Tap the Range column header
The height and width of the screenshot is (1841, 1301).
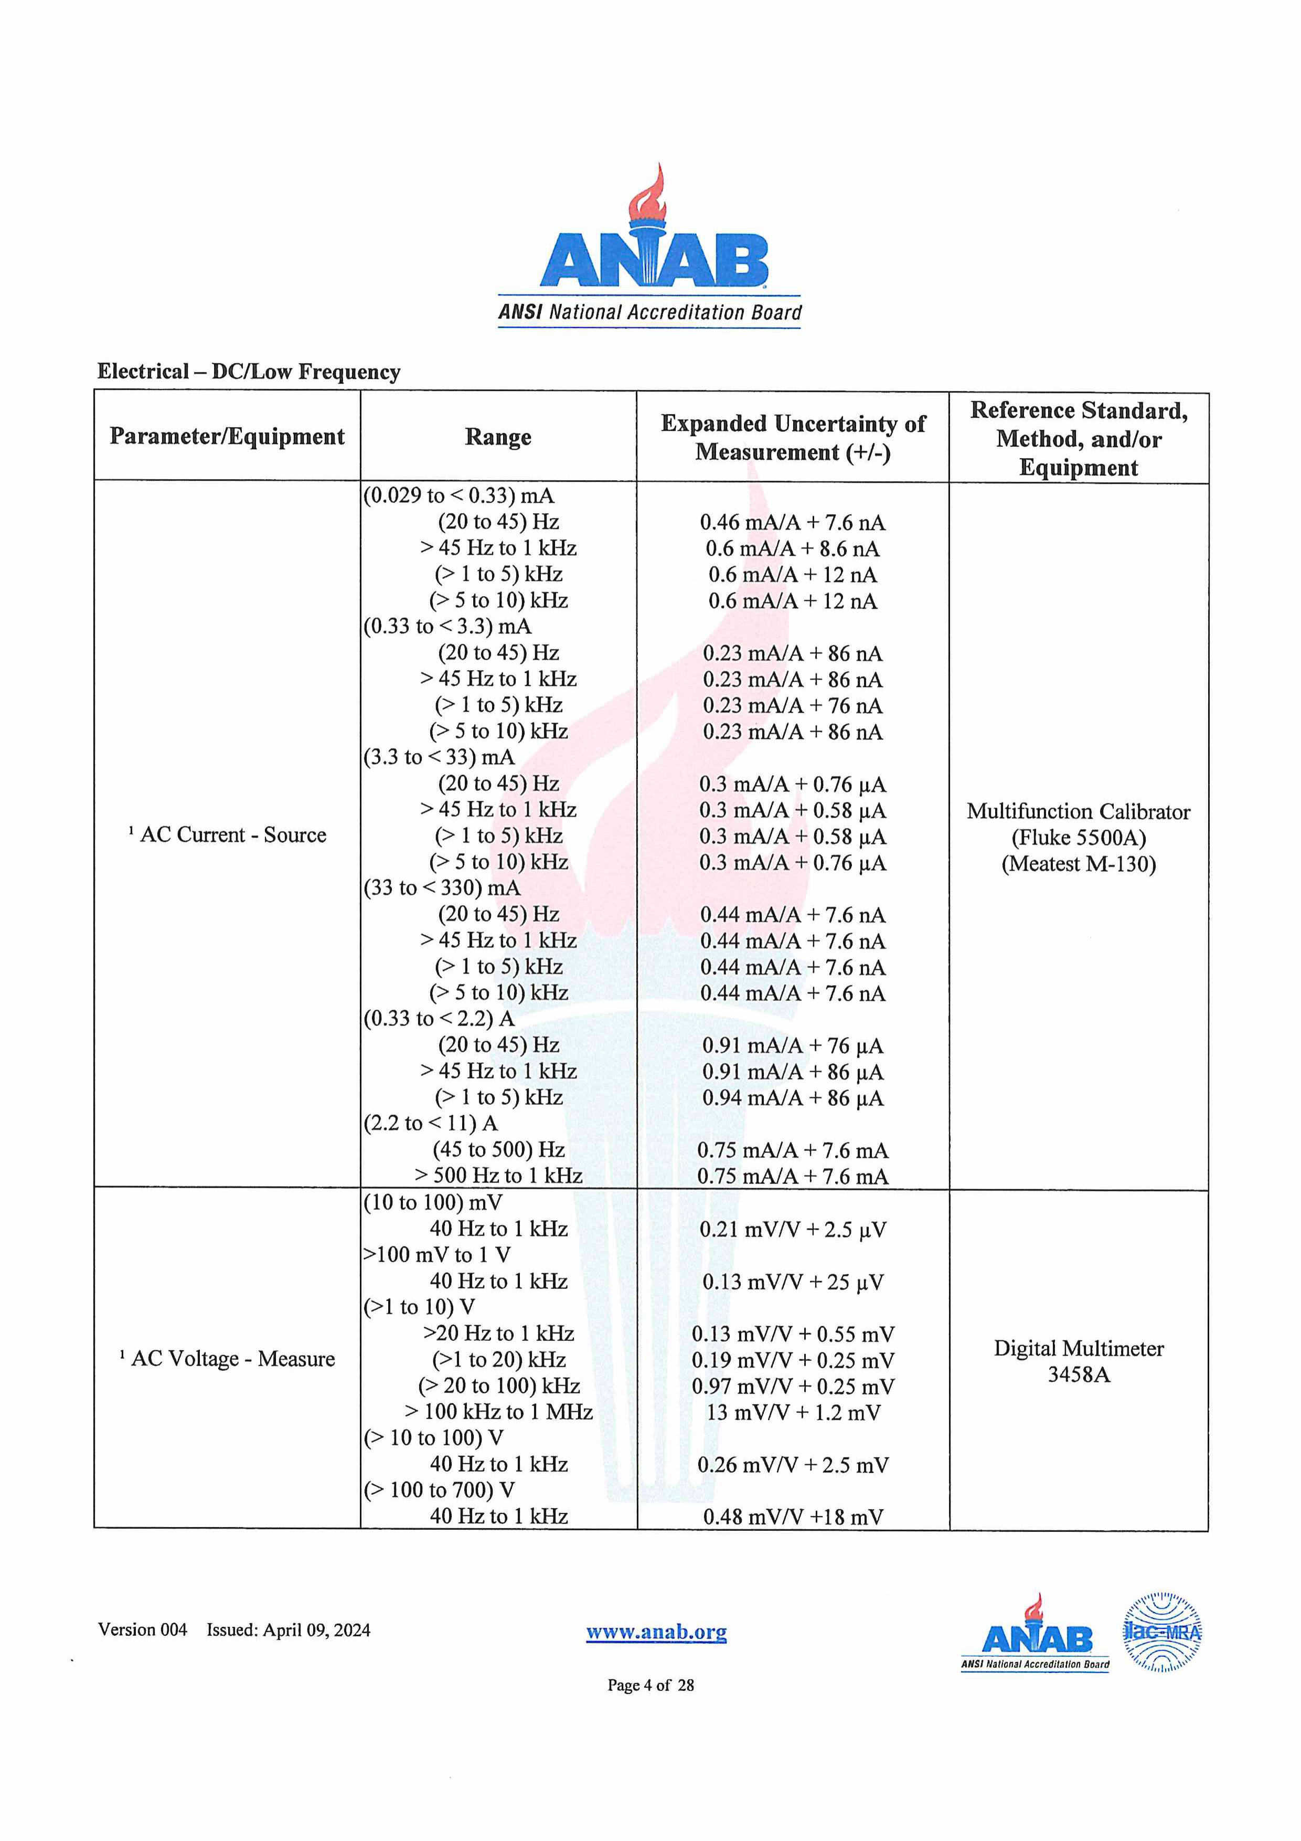498,437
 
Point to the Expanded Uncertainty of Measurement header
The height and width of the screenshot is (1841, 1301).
793,437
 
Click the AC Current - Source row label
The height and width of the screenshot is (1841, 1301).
228,835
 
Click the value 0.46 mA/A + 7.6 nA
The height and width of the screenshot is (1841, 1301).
792,523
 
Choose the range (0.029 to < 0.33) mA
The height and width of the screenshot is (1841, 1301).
458,495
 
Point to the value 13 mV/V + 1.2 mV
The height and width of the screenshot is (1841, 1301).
792,1413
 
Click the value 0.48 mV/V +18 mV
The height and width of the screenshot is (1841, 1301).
792,1517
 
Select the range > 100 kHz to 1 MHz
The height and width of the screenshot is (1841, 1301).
498,1412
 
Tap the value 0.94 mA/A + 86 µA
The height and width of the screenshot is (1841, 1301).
792,1098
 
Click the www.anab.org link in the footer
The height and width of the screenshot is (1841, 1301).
656,1632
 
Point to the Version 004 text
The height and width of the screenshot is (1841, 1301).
143,1630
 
